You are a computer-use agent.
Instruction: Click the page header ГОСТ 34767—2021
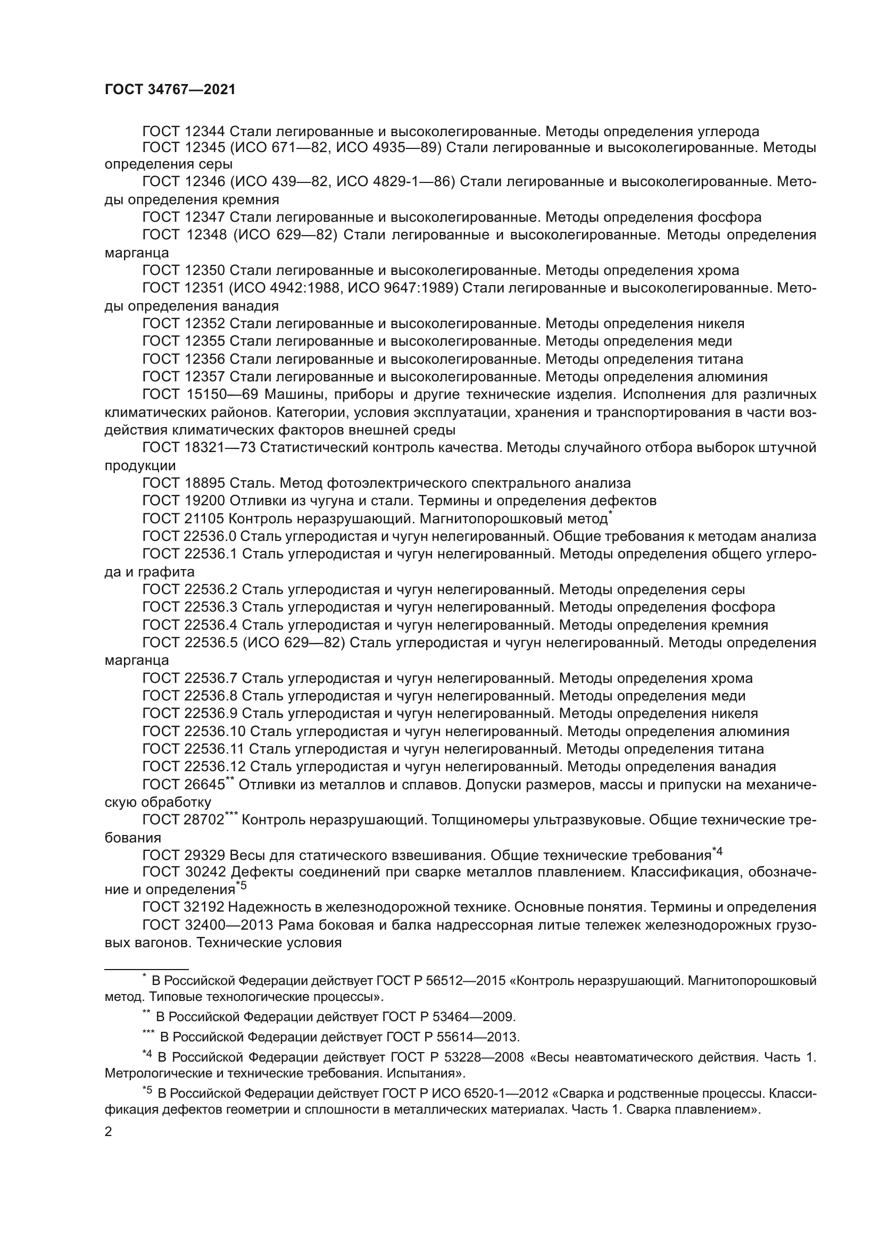pos(170,90)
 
